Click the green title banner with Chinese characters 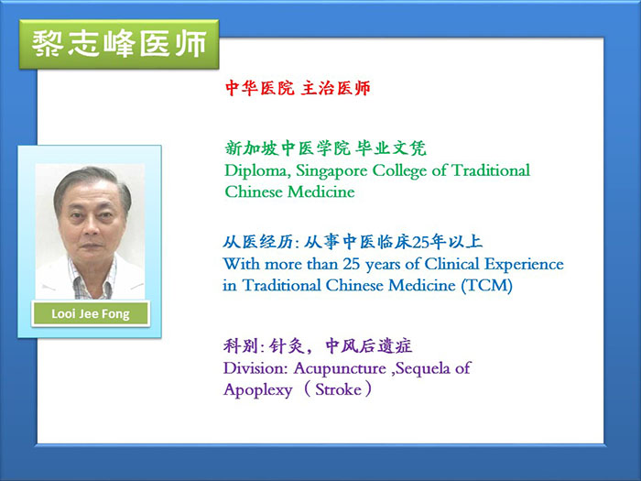coord(119,44)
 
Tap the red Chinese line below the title coord(298,88)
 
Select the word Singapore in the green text coord(331,171)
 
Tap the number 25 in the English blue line coord(352,264)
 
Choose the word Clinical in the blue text coord(451,264)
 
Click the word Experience coord(524,265)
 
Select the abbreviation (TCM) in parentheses coord(487,286)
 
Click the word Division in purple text coord(255,368)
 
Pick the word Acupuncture coord(340,369)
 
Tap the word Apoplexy coord(258,390)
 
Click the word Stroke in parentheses coord(338,389)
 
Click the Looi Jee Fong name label coord(91,313)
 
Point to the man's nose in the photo coord(92,229)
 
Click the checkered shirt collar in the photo coord(92,279)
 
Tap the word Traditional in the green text coord(491,170)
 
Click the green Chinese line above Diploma coord(325,148)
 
